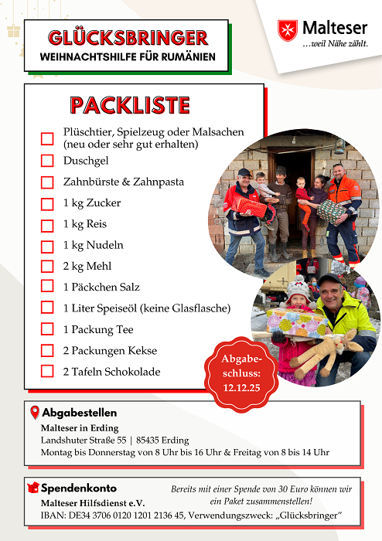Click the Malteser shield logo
click(x=288, y=30)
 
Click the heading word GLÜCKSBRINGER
click(x=128, y=38)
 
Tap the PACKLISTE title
click(x=129, y=105)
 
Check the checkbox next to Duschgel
click(x=47, y=161)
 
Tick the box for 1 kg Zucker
click(x=47, y=203)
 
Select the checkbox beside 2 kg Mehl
click(x=47, y=266)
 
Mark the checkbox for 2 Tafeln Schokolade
click(x=47, y=372)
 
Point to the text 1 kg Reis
click(x=85, y=224)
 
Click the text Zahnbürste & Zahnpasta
click(x=124, y=182)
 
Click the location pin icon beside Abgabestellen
click(x=34, y=412)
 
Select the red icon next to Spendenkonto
click(x=33, y=488)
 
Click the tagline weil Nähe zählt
click(x=335, y=44)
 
